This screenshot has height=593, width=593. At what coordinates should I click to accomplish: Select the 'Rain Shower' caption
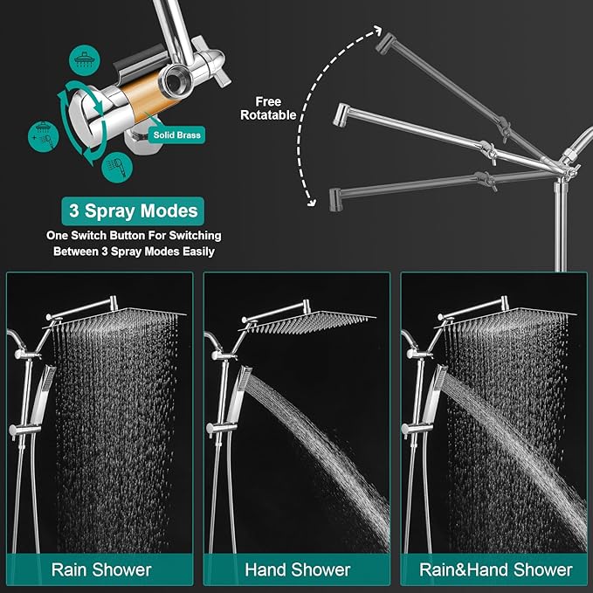tap(100, 569)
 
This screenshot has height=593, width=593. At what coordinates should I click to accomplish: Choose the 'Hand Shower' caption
tap(297, 569)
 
